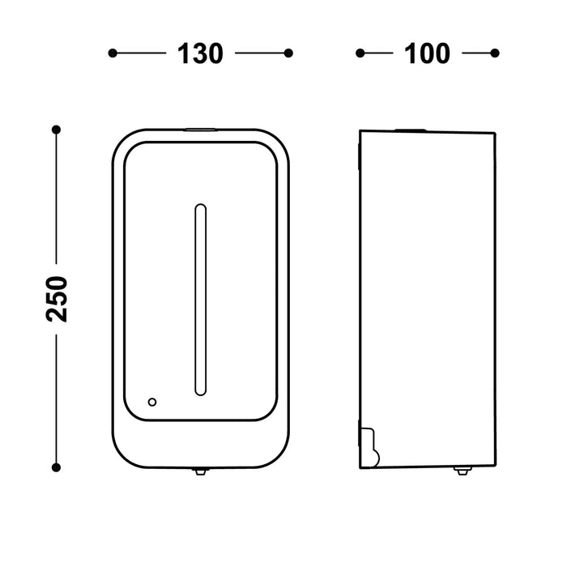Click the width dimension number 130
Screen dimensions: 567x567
coord(199,53)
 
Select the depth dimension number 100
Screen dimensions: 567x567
coord(426,53)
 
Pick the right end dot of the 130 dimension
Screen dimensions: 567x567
coord(288,53)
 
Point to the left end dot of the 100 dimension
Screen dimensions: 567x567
coord(360,53)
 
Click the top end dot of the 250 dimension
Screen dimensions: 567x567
coord(56,130)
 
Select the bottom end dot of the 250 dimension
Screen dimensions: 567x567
coord(56,467)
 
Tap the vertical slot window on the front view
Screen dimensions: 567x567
coord(199,301)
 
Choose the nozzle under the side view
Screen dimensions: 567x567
coord(462,471)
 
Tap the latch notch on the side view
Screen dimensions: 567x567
coord(370,446)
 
